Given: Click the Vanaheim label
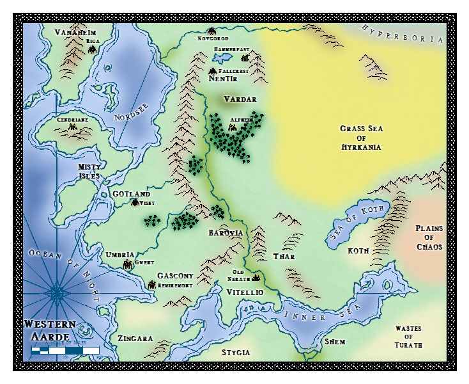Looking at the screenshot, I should click(x=73, y=32).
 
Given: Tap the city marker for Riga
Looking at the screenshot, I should click(x=92, y=49).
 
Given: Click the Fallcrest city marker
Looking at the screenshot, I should click(x=212, y=70).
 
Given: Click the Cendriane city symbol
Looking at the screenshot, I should click(x=73, y=128).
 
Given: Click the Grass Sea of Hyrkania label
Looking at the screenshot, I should click(x=360, y=138).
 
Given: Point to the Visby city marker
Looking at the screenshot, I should click(x=135, y=202).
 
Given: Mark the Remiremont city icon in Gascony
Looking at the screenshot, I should click(x=151, y=284).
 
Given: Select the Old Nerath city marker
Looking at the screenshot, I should click(x=256, y=278).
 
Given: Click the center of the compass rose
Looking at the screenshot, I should click(x=58, y=292).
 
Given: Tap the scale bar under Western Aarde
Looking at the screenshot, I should click(x=65, y=350).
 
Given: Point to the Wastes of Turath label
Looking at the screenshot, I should click(x=408, y=337).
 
